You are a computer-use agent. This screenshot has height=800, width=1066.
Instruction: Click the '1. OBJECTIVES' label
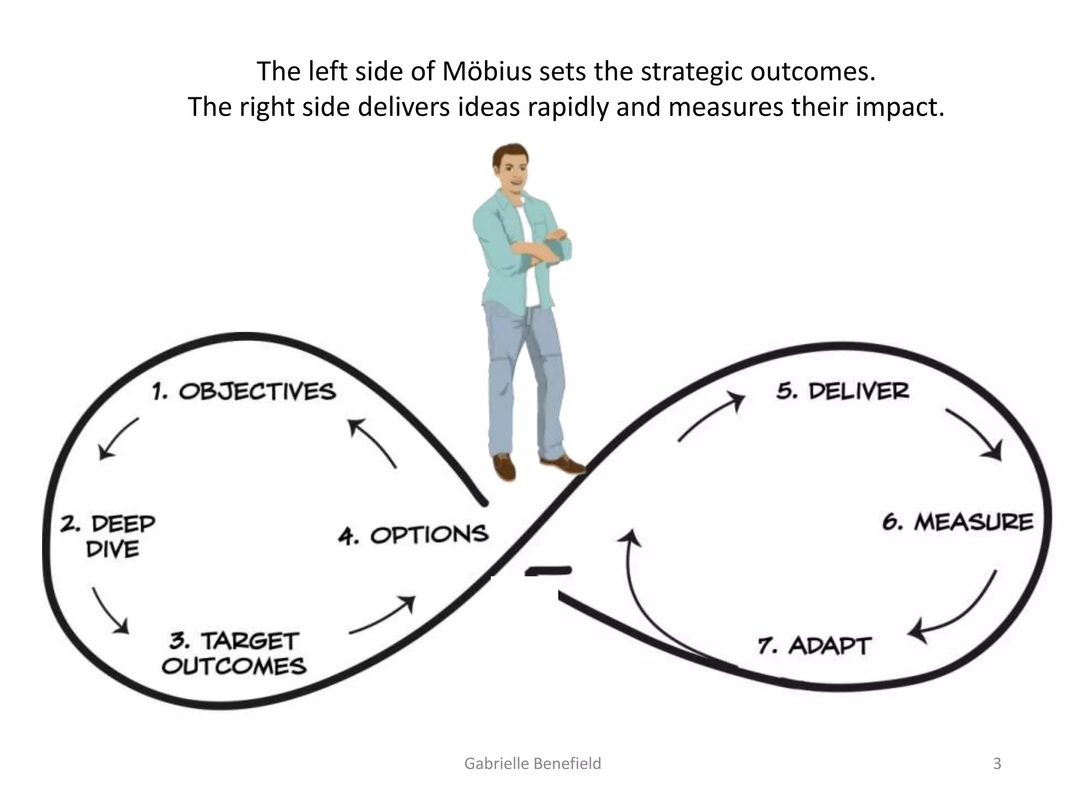tap(244, 392)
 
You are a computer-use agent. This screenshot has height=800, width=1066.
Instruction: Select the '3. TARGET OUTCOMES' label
tap(234, 653)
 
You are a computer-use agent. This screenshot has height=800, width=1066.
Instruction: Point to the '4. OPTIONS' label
tap(413, 535)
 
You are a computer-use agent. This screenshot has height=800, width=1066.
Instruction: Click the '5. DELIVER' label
tap(843, 391)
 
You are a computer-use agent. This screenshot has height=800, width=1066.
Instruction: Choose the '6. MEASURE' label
tap(958, 522)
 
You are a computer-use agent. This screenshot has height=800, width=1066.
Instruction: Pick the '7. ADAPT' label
tap(814, 646)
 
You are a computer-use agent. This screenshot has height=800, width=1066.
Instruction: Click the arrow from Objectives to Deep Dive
tap(118, 438)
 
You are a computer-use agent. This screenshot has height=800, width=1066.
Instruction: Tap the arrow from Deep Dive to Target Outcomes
tap(110, 610)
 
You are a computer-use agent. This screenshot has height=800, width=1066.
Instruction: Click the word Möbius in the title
tap(487, 72)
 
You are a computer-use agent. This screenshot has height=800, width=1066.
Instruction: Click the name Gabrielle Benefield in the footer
tap(532, 764)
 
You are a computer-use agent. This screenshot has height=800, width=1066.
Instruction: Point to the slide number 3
tap(997, 764)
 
